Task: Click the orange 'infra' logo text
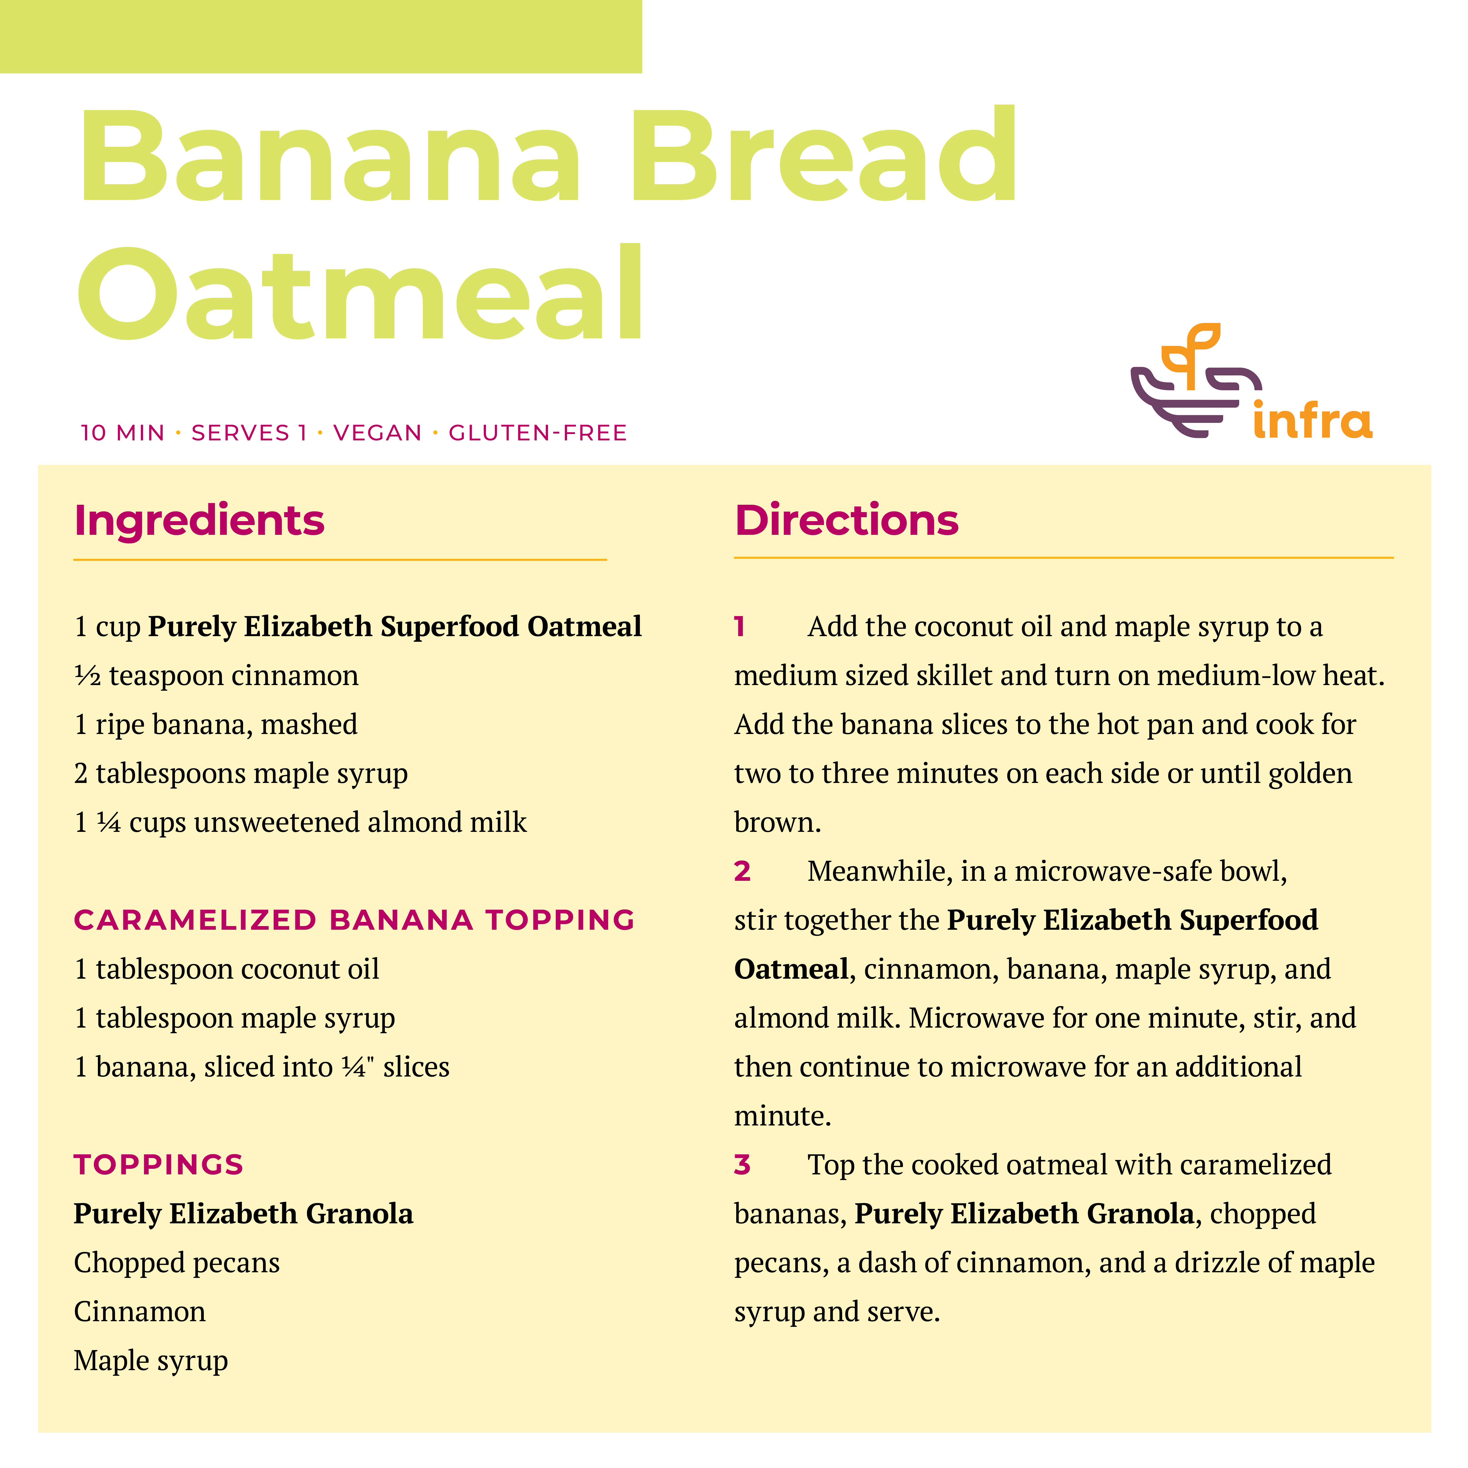tap(1312, 419)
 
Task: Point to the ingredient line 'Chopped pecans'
tap(177, 1263)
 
